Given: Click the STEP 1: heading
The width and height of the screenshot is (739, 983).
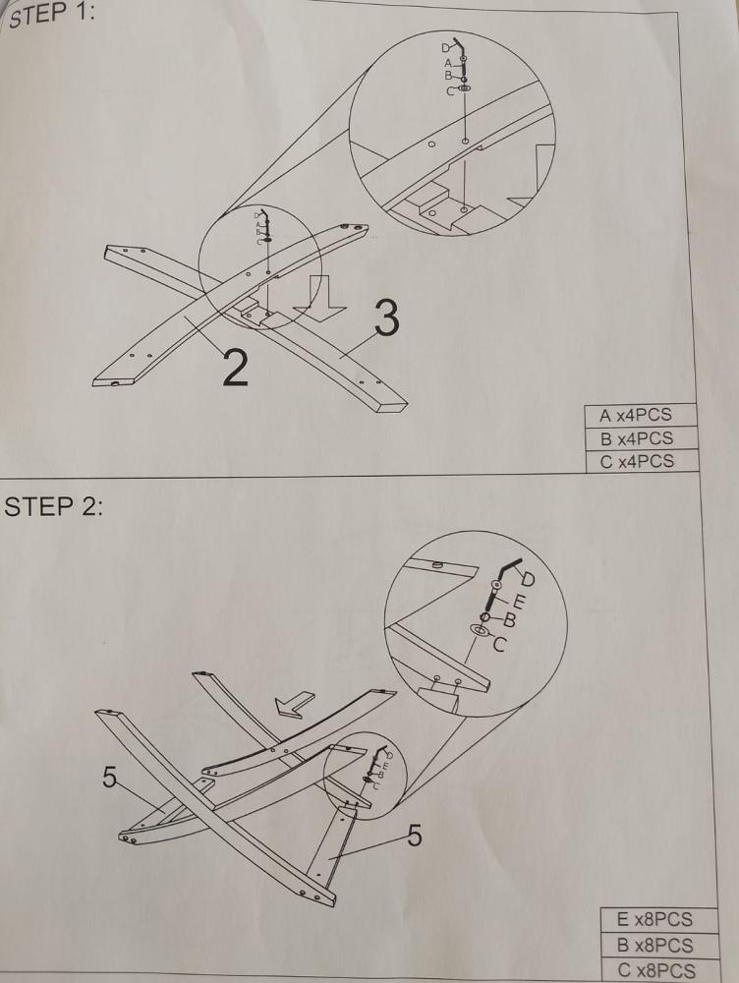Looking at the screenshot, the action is pyautogui.click(x=52, y=15).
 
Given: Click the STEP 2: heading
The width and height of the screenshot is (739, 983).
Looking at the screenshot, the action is pyautogui.click(x=53, y=506).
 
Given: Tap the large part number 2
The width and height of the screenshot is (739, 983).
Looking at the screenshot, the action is pyautogui.click(x=235, y=368).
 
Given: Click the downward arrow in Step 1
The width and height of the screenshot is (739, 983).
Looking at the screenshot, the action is pyautogui.click(x=319, y=297).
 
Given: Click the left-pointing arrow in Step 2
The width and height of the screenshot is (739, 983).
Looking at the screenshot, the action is pyautogui.click(x=294, y=704).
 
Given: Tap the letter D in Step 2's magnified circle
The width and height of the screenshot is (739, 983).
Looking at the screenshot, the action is pyautogui.click(x=528, y=578).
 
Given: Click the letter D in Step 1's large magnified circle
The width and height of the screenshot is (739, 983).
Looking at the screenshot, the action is pyautogui.click(x=445, y=47).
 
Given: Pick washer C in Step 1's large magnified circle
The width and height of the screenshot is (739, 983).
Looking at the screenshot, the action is pyautogui.click(x=465, y=89).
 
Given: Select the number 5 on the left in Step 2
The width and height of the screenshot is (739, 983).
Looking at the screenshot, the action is pyautogui.click(x=110, y=778).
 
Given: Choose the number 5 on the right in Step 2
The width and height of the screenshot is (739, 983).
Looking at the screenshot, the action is pyautogui.click(x=415, y=836).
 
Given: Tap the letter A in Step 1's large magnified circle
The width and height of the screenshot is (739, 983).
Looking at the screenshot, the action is pyautogui.click(x=448, y=63).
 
